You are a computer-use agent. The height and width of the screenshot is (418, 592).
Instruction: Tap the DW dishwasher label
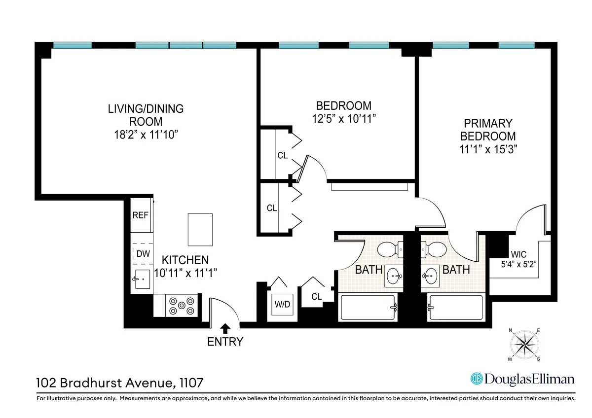(x=142, y=254)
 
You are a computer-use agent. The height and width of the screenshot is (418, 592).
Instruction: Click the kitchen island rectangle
(x=200, y=229)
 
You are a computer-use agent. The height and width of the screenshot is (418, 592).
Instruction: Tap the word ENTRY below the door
(x=225, y=341)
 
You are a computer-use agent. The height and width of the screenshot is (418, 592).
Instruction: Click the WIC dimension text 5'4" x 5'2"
(x=518, y=264)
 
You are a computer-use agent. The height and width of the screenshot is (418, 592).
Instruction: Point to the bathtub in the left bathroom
(x=368, y=308)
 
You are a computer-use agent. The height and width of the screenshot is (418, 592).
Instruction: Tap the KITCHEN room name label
(x=185, y=260)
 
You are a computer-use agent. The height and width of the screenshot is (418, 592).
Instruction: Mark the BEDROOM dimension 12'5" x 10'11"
(x=343, y=118)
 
